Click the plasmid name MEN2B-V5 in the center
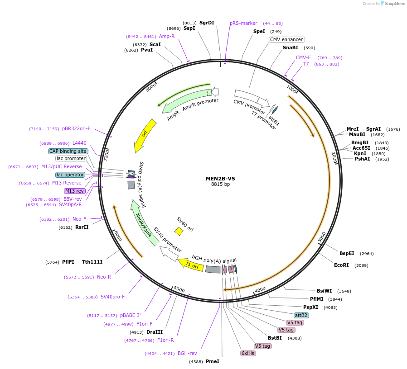click(220, 179)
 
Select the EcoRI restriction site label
click(341, 265)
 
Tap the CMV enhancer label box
click(286, 39)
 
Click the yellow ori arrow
click(145, 136)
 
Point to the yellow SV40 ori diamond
click(179, 232)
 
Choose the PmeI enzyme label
click(212, 361)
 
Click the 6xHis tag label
click(248, 353)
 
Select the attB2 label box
click(301, 315)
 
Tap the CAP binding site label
click(68, 151)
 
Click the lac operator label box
click(70, 175)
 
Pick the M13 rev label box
click(74, 191)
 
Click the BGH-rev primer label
click(187, 353)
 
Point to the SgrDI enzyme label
click(207, 23)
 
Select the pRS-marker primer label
click(243, 23)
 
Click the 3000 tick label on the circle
click(321, 237)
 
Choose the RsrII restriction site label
click(82, 227)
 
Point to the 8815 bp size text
click(220, 184)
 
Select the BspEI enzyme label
click(347, 253)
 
